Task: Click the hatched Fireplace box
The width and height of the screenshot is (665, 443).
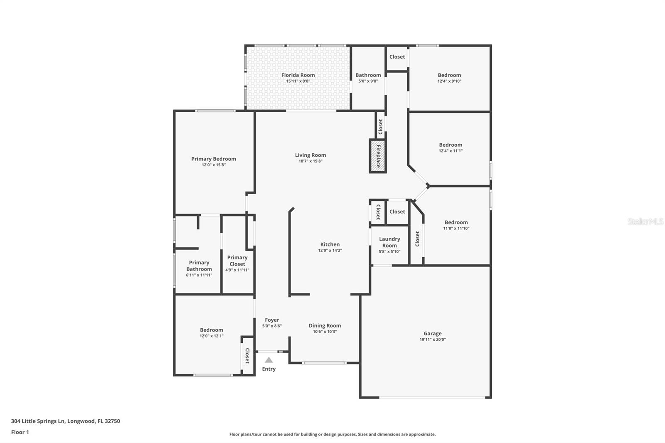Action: (378, 156)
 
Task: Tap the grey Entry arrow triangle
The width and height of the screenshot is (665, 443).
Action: (268, 360)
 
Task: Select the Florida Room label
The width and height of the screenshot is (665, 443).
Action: (298, 75)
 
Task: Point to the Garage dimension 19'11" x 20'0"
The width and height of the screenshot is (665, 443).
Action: (433, 340)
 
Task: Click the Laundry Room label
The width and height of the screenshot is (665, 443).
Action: (389, 242)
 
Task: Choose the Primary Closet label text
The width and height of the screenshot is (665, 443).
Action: (237, 261)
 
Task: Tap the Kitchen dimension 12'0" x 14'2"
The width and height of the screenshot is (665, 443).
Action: (330, 250)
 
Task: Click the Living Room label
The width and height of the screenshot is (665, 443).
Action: (310, 155)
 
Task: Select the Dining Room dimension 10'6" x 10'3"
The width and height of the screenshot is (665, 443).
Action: (325, 331)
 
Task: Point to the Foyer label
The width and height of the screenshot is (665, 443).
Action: (272, 320)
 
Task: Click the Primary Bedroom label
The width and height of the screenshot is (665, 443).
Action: (214, 159)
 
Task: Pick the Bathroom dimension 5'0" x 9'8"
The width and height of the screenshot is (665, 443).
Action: (368, 81)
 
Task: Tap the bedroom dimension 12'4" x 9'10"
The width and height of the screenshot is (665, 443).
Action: (449, 81)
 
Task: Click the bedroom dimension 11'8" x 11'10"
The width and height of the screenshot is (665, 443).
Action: (456, 228)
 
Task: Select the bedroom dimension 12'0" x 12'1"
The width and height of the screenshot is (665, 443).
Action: (212, 336)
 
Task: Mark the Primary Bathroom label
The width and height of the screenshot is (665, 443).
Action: (199, 266)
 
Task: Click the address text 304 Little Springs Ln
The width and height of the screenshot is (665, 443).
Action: (38, 421)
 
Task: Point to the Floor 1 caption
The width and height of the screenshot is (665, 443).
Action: (20, 432)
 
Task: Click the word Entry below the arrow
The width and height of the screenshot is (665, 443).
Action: (268, 369)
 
